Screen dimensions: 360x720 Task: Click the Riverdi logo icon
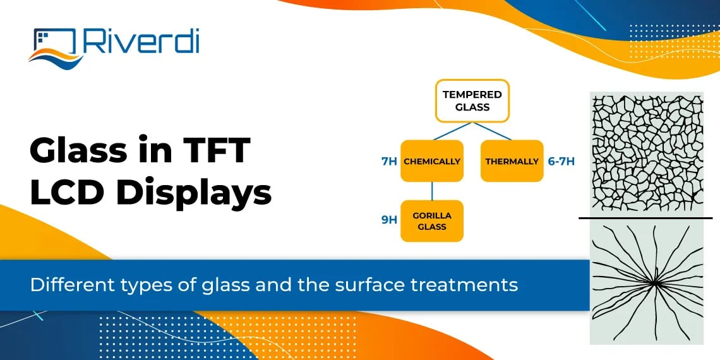[x=54, y=45]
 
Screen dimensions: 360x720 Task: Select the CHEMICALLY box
[x=432, y=161]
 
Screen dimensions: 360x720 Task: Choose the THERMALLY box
[x=512, y=161]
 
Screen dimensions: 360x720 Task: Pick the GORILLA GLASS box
[x=432, y=221]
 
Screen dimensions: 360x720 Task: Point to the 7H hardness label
[x=389, y=161]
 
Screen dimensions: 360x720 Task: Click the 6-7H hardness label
[x=561, y=161]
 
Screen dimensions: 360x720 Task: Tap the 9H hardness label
[x=389, y=220]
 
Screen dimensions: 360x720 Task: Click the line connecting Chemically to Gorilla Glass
[x=432, y=191]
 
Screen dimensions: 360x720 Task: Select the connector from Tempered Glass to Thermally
[x=493, y=131]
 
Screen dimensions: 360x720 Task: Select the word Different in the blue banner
[x=65, y=285]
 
